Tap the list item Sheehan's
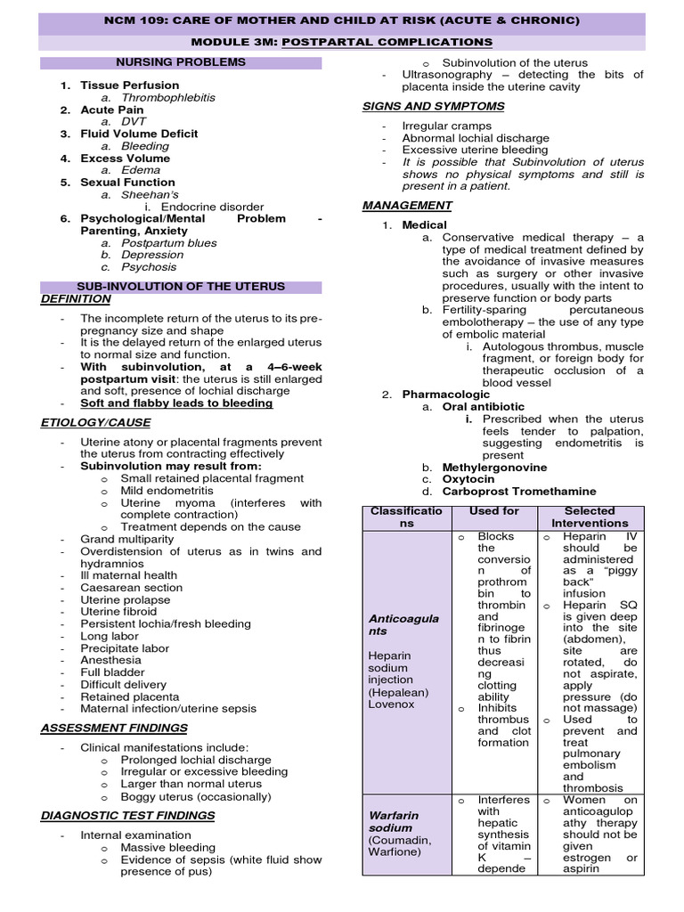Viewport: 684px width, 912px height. click(150, 194)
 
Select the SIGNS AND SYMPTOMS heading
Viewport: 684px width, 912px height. click(433, 106)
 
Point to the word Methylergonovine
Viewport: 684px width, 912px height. click(494, 467)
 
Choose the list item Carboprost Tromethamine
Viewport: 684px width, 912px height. click(519, 491)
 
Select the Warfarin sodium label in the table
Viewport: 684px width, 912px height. click(393, 821)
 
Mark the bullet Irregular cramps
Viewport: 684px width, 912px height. click(446, 126)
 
